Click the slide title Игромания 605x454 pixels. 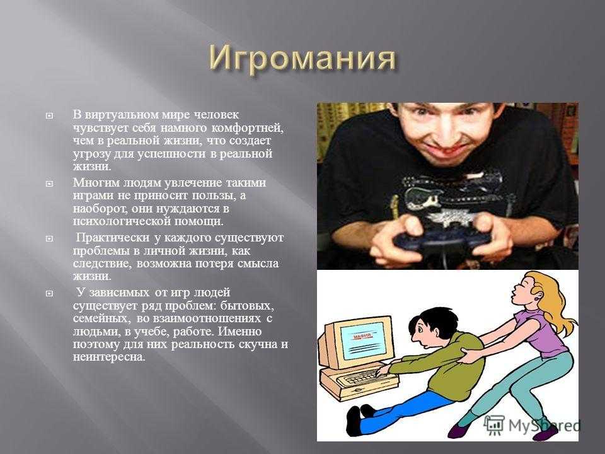click(x=303, y=59)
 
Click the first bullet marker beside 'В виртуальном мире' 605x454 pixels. click(x=49, y=115)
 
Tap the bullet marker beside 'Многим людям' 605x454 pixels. click(x=49, y=183)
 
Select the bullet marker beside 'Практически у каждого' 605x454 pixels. click(x=49, y=238)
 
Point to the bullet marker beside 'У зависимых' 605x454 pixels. click(x=49, y=294)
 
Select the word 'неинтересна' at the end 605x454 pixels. click(x=109, y=357)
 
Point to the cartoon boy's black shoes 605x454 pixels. click(x=359, y=419)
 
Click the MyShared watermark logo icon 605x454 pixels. click(x=494, y=424)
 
